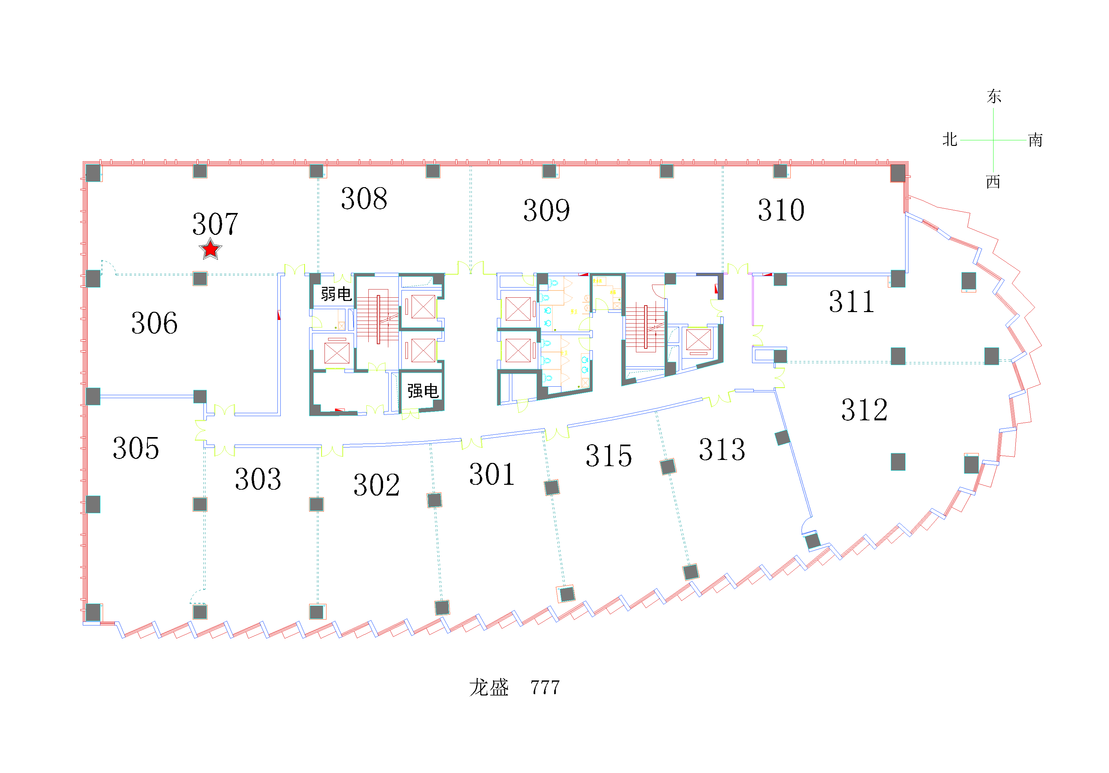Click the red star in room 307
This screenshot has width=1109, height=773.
(x=211, y=249)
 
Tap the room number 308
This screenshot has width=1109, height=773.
(x=364, y=198)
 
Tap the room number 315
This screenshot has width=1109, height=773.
(x=608, y=456)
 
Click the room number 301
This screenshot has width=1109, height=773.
(x=492, y=474)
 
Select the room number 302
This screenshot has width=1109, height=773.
(x=377, y=485)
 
